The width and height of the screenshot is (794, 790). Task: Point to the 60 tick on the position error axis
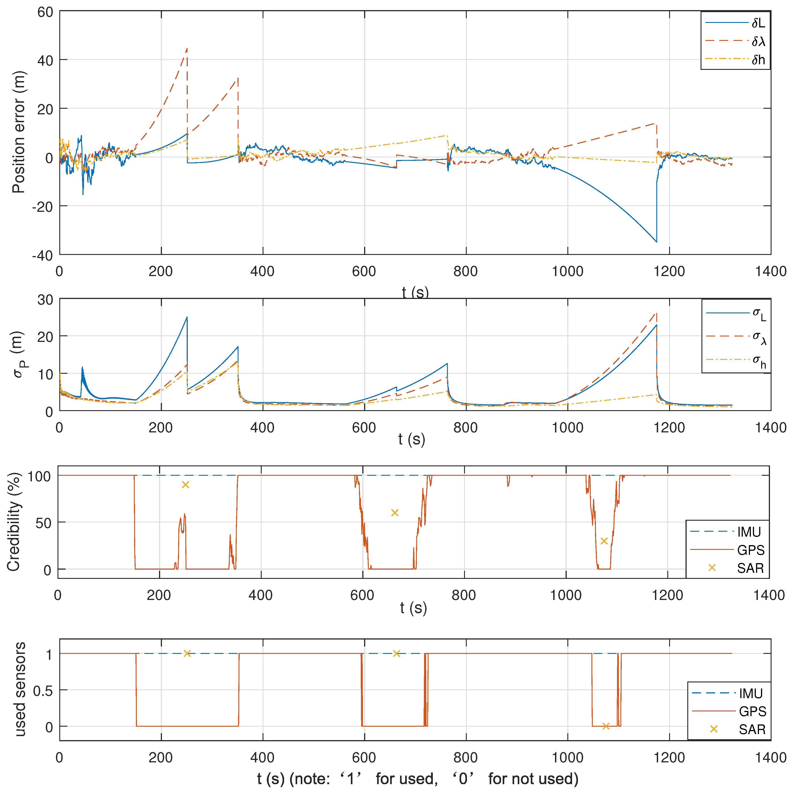tap(45, 12)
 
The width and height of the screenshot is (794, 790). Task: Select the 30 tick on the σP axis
tap(45, 300)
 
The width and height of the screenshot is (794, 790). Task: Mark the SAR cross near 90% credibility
tap(185, 485)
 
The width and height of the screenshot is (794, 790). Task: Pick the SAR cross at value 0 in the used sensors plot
tap(606, 726)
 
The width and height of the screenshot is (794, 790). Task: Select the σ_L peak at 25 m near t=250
tap(187, 317)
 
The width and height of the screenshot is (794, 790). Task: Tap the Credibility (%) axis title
tap(13, 522)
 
